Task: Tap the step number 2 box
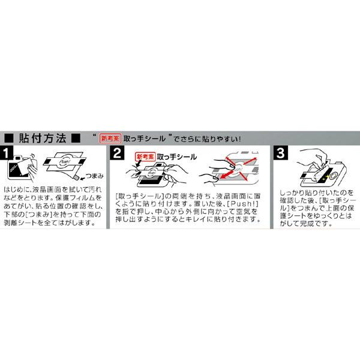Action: point(118,154)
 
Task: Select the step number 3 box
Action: point(280,154)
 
